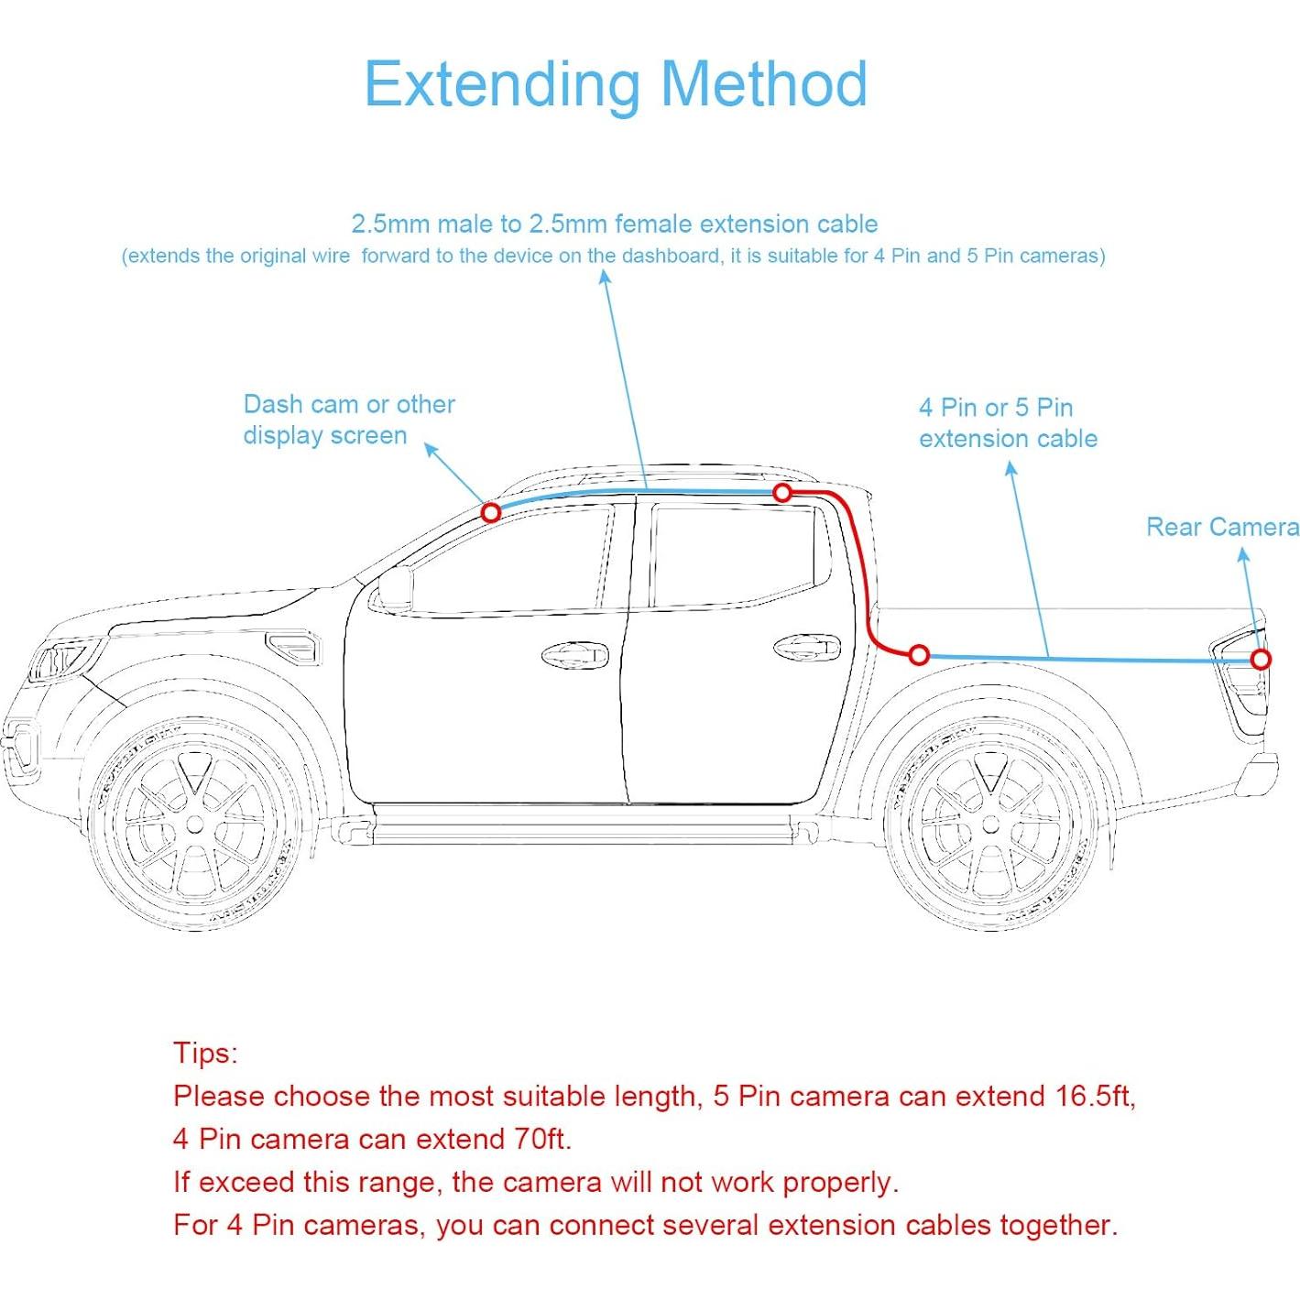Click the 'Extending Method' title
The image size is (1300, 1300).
click(616, 84)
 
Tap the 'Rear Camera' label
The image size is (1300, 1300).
click(1222, 527)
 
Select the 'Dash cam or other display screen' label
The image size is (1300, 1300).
click(348, 420)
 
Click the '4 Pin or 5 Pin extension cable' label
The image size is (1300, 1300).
click(1008, 422)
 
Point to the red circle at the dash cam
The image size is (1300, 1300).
click(491, 512)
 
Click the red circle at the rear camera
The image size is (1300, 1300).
click(1262, 660)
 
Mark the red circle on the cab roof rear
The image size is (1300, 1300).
click(782, 493)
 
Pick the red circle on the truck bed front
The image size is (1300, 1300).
click(919, 655)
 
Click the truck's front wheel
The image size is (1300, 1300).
click(194, 825)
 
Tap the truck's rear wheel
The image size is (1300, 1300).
click(990, 825)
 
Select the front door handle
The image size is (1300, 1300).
click(574, 656)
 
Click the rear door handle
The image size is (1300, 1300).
click(806, 648)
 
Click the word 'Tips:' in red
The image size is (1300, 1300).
click(205, 1053)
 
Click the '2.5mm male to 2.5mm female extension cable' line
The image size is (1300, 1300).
click(614, 224)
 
